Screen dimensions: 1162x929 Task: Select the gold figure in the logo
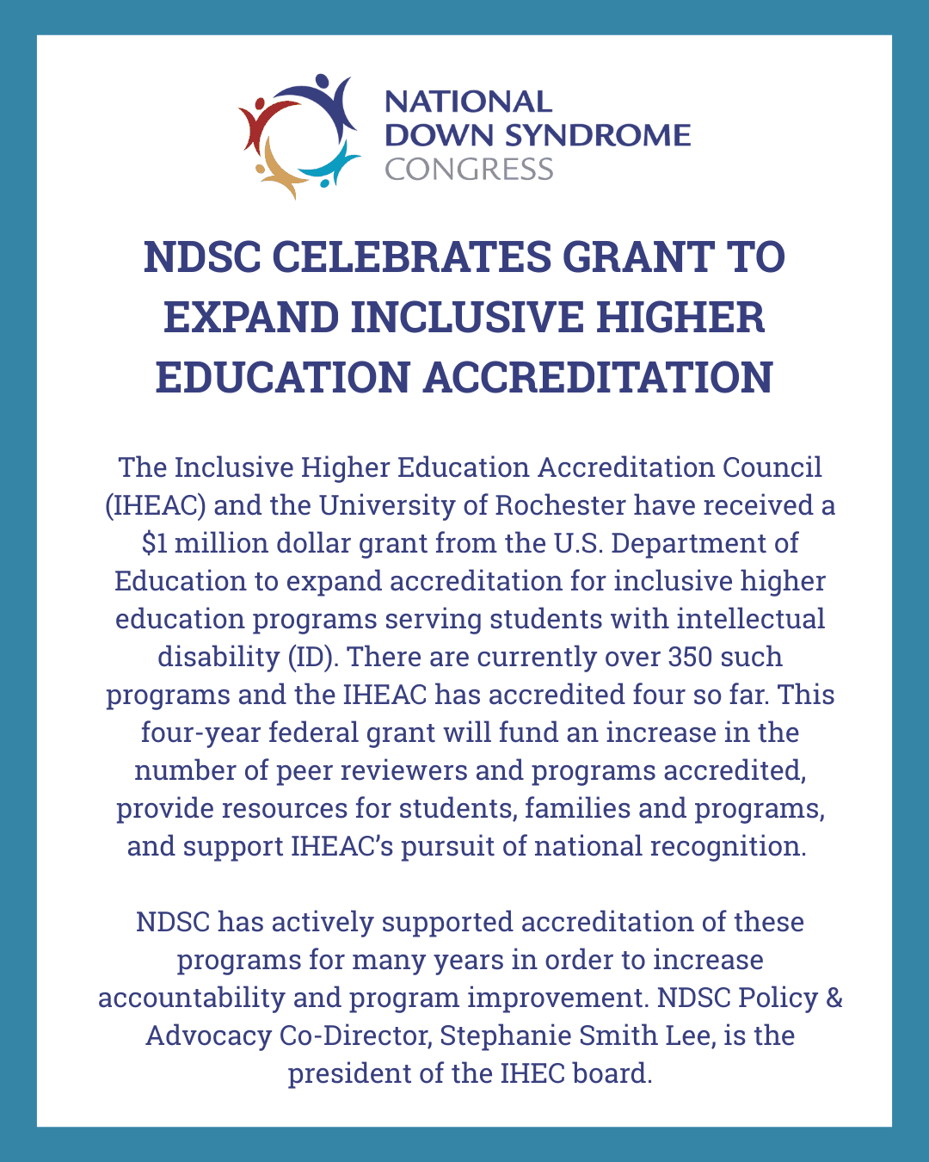[277, 172]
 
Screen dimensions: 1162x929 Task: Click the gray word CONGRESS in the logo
[469, 169]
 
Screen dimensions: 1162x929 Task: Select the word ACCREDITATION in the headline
[598, 377]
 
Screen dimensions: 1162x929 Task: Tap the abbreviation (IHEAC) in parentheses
[155, 505]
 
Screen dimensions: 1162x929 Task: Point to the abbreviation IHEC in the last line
[530, 1073]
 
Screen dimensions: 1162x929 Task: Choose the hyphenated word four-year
[200, 732]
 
